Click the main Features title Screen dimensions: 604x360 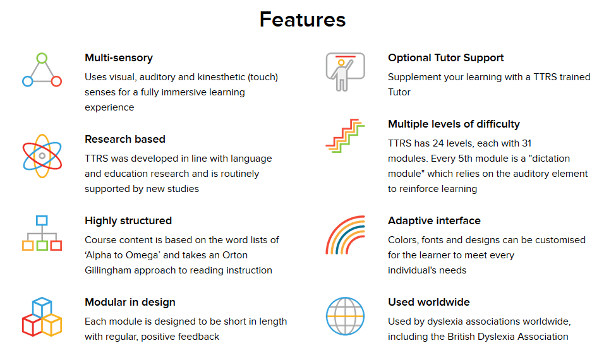[303, 20]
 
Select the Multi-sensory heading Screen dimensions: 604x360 [119, 57]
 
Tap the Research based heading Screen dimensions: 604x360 [125, 139]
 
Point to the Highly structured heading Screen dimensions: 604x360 [128, 220]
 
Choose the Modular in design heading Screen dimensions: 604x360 [130, 303]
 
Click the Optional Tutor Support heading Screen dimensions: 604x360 [445, 57]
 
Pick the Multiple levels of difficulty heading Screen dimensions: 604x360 [454, 124]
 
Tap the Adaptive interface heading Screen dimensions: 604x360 [434, 220]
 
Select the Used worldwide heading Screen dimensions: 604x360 [429, 303]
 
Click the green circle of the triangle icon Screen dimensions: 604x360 [42, 58]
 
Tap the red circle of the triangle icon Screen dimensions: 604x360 [56, 81]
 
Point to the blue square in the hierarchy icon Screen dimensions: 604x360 [42, 220]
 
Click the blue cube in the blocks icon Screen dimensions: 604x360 [42, 307]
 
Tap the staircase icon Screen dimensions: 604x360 [345, 136]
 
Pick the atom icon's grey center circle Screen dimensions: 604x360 [42, 156]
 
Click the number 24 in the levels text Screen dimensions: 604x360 [438, 143]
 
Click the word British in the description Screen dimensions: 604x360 [461, 337]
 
